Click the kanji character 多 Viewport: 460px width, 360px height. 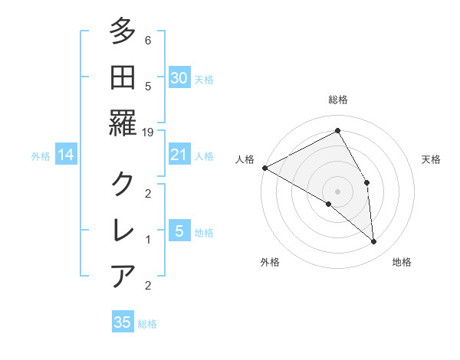[x=123, y=33]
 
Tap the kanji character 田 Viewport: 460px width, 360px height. [x=123, y=77]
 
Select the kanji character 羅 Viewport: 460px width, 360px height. [x=123, y=123]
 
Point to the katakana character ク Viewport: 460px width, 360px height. [x=123, y=184]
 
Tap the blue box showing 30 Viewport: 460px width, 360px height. [x=179, y=77]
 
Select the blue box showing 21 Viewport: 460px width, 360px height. [x=179, y=155]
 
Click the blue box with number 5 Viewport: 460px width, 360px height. [x=179, y=231]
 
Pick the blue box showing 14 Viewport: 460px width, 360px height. [x=65, y=155]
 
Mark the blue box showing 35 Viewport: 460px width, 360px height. [x=122, y=322]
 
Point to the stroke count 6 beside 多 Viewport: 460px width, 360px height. [x=147, y=41]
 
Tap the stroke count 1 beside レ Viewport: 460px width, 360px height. [x=147, y=240]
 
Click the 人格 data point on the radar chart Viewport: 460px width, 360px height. [x=264, y=168]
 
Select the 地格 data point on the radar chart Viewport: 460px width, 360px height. [x=373, y=242]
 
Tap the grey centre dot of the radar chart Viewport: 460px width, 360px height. [x=337, y=191]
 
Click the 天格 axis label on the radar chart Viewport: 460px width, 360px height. [x=432, y=159]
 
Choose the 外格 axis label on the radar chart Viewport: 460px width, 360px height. [x=270, y=263]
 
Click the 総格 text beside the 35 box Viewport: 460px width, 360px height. [x=147, y=324]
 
